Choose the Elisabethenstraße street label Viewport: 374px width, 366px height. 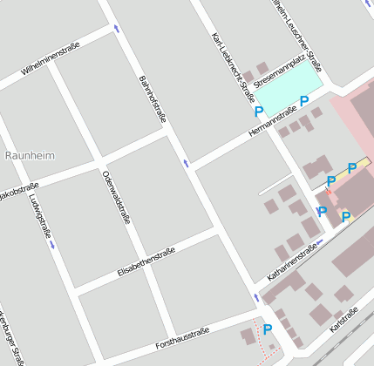point(146,262)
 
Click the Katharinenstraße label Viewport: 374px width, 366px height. point(292,262)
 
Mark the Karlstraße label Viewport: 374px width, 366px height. point(346,325)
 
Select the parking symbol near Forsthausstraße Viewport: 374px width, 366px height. point(268,329)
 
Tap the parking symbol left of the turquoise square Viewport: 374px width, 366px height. point(258,112)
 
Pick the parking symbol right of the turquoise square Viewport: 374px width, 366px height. point(304,101)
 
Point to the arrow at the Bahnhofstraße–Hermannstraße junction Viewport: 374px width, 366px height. point(186,162)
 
